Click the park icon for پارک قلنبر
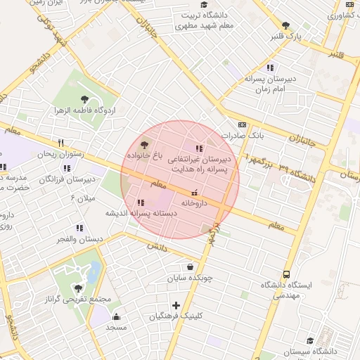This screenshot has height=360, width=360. coord(285,25)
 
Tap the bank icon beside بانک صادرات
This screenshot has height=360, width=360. coord(243,124)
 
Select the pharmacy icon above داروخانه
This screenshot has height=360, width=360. coord(195,192)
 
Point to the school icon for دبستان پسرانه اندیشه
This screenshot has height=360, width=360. coord(141,202)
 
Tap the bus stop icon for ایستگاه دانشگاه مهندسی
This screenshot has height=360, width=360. coord(286,275)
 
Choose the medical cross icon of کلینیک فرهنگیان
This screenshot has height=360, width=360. coord(176,305)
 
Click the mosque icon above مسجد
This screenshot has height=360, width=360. coord(116,316)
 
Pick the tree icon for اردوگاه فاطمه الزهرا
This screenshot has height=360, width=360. coord(85,100)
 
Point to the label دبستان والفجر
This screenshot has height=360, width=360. coord(79,239)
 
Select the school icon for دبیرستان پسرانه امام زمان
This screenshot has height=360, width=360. coord(250,68)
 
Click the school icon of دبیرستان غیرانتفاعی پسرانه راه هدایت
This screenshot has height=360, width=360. coord(199,149)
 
